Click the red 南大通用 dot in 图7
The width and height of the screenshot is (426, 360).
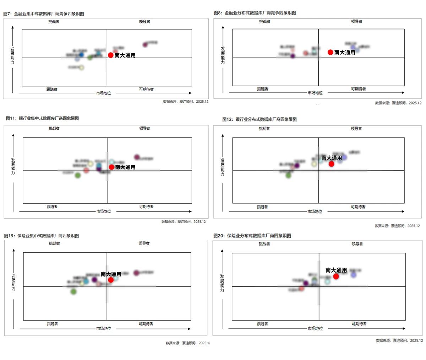(x=110, y=55)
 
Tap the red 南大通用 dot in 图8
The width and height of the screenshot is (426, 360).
(x=330, y=52)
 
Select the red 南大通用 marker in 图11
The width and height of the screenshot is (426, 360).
(x=111, y=167)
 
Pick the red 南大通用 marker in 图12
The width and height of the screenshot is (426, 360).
(x=331, y=164)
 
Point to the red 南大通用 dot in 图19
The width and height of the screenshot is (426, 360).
(x=111, y=280)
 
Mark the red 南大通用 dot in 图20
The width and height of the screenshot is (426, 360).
(x=336, y=276)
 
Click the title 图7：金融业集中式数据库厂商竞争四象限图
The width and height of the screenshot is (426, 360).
(x=44, y=14)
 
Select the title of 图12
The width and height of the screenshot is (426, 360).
(x=260, y=119)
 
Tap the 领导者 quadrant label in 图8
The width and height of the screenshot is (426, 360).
(x=356, y=22)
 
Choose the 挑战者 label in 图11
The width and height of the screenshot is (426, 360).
(x=54, y=128)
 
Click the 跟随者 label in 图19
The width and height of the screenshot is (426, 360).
(x=52, y=324)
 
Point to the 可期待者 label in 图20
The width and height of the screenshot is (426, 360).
(x=359, y=324)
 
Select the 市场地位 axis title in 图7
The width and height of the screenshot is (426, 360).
(x=103, y=93)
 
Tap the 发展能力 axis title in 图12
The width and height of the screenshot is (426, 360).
(x=222, y=167)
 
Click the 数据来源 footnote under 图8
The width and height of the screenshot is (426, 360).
(x=398, y=103)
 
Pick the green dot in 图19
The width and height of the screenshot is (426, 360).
(x=73, y=292)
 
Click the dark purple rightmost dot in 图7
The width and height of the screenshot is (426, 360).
(x=145, y=45)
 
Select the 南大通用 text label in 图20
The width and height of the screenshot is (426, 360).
(x=336, y=270)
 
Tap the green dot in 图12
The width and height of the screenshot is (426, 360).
(x=288, y=175)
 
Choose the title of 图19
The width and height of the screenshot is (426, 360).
(x=42, y=236)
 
